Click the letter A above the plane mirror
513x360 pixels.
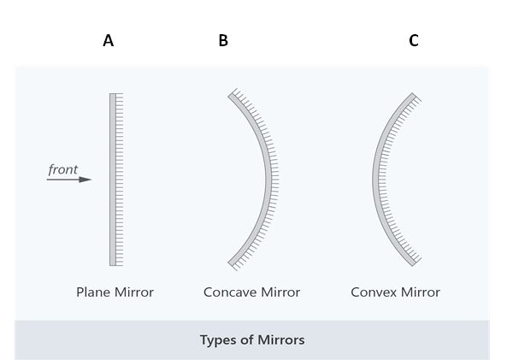pyautogui.click(x=108, y=40)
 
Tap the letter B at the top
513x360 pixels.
pyautogui.click(x=223, y=40)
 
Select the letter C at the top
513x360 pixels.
pyautogui.click(x=414, y=40)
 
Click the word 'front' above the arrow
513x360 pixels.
pyautogui.click(x=63, y=169)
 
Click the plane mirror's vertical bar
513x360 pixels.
pyautogui.click(x=112, y=180)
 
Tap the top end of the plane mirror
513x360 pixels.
pyautogui.click(x=112, y=95)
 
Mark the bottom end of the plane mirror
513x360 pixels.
pyautogui.click(x=112, y=263)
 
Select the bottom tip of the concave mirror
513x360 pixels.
pyautogui.click(x=231, y=264)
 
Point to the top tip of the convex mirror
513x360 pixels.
pyautogui.click(x=414, y=96)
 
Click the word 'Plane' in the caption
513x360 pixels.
pyautogui.click(x=92, y=292)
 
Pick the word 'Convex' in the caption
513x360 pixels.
pyautogui.click(x=373, y=292)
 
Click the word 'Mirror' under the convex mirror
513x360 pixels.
pyautogui.click(x=420, y=292)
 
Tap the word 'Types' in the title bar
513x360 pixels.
pyautogui.click(x=217, y=340)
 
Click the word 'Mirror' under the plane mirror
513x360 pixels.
pyautogui.click(x=133, y=292)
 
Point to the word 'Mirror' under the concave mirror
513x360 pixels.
pyautogui.click(x=280, y=292)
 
